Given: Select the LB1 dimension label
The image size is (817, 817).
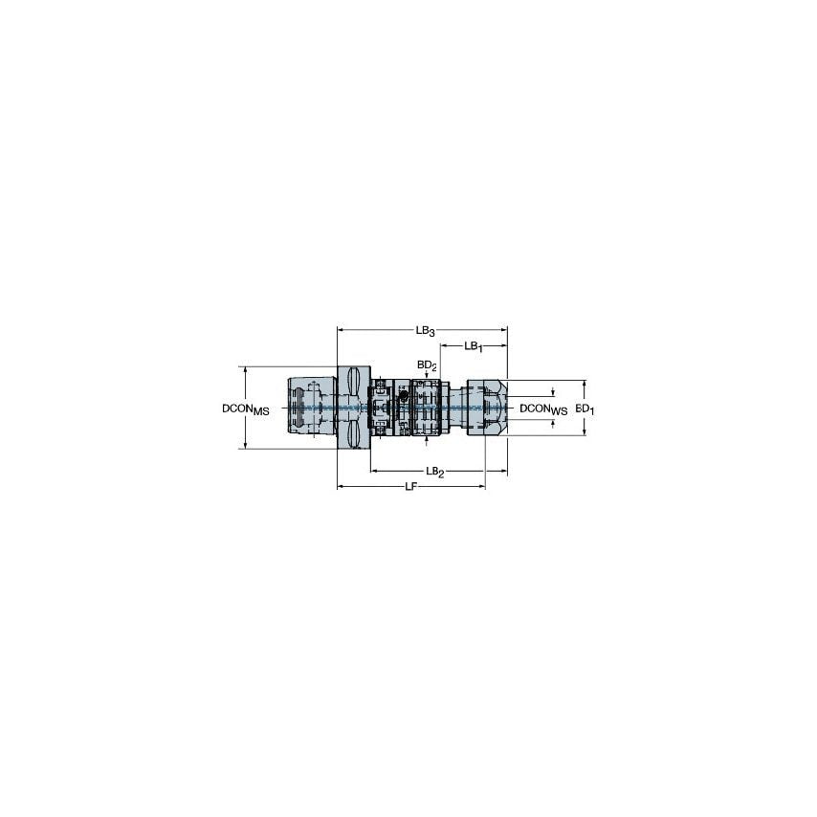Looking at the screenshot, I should click(474, 346).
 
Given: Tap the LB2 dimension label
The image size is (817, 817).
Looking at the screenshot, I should click(434, 472).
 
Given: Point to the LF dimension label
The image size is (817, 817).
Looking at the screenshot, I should click(410, 487).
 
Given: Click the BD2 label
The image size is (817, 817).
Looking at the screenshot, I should click(427, 365).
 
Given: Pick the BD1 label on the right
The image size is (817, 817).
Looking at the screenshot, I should click(585, 408).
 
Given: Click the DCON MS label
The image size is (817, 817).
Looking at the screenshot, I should click(245, 408).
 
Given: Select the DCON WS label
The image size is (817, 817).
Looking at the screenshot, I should click(542, 408).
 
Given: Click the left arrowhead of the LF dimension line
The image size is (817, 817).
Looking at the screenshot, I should click(341, 487).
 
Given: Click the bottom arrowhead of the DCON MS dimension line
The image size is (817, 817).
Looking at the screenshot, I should click(246, 446).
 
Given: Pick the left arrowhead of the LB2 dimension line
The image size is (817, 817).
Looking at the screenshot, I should click(374, 472).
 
